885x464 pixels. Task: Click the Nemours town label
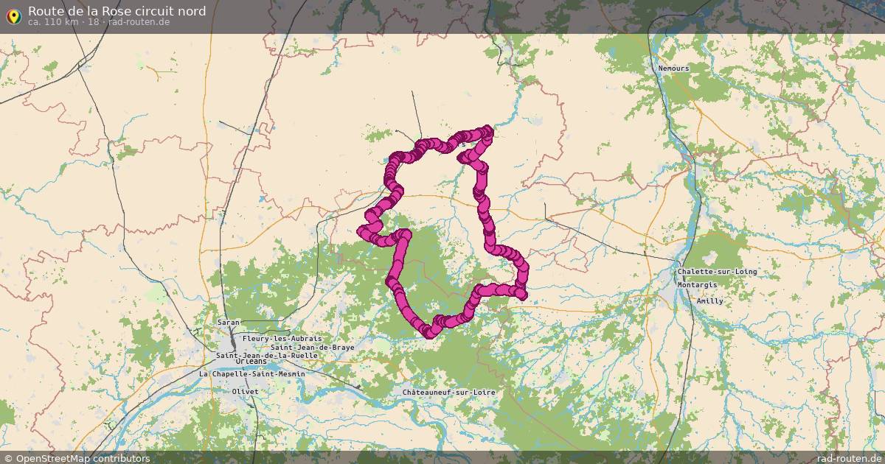(x=674, y=68)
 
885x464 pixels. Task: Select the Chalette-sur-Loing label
(x=717, y=272)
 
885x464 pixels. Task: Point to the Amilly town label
(x=710, y=300)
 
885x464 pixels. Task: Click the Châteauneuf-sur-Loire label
(x=448, y=393)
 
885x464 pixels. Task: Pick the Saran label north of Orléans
(x=229, y=323)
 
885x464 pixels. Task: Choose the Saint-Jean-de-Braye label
(x=313, y=347)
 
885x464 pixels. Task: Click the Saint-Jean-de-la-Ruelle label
(x=267, y=355)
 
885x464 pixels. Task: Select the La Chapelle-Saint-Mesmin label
(x=252, y=373)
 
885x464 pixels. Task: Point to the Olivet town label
(x=246, y=391)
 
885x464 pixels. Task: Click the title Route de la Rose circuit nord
(x=117, y=11)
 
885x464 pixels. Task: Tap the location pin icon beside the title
(x=13, y=15)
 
